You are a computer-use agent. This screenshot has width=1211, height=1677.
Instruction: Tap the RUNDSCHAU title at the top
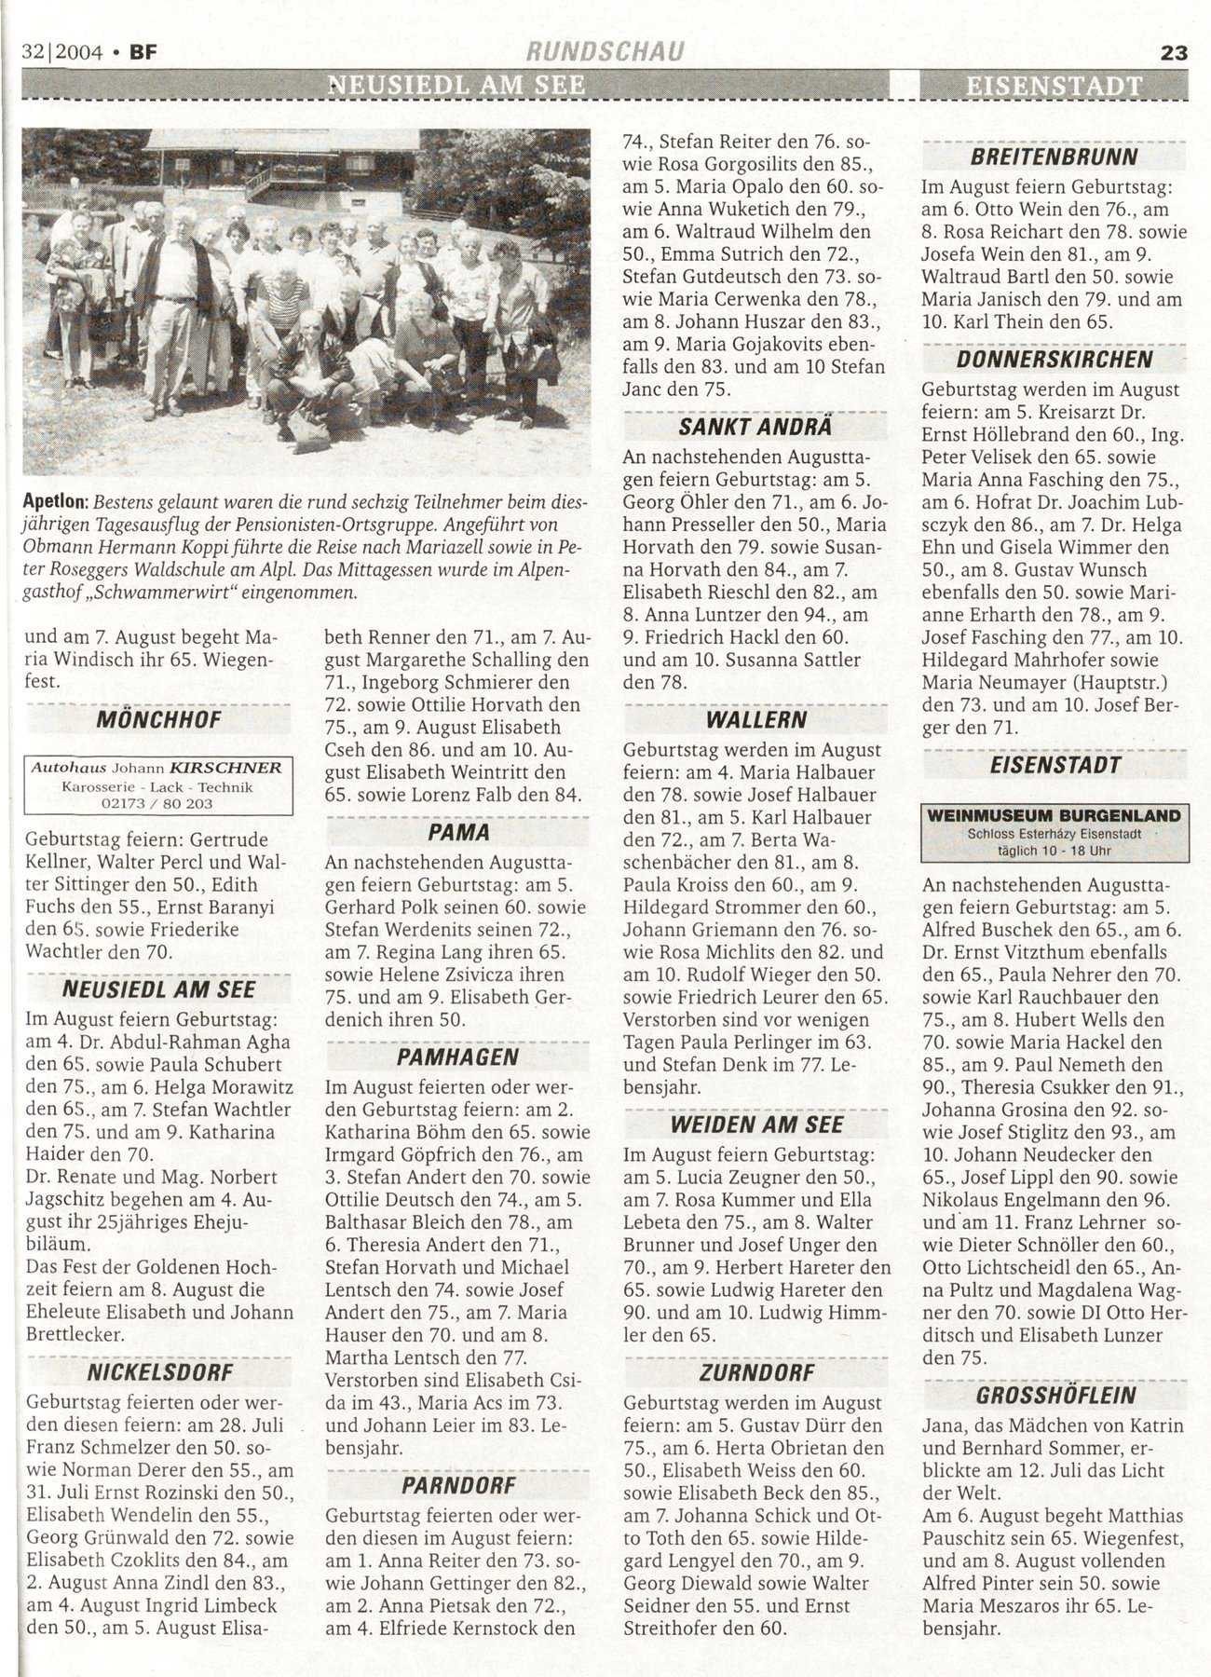[606, 53]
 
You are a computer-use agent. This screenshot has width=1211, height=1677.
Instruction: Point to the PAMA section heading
[458, 831]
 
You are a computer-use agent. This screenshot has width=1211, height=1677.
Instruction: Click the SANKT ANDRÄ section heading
[755, 429]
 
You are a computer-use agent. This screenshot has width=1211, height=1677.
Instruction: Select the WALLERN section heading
[755, 720]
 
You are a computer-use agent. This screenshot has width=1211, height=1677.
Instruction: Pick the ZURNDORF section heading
[755, 1372]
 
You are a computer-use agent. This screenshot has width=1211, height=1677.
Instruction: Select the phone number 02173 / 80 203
[160, 803]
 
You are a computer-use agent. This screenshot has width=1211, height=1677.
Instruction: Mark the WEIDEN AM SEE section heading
[755, 1124]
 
